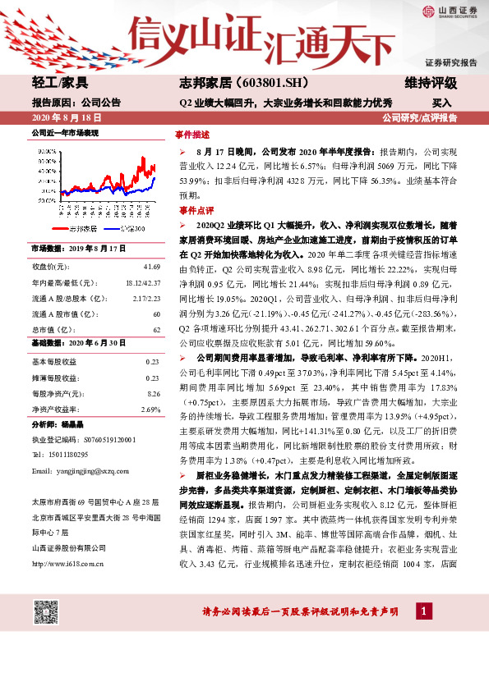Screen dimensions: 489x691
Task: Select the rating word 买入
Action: [441, 103]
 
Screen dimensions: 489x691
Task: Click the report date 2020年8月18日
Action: [63, 118]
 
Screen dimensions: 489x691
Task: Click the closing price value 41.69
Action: [151, 267]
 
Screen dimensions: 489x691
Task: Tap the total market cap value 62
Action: [156, 328]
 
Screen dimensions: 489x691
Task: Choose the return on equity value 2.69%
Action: [150, 409]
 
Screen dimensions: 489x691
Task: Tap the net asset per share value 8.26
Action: [153, 394]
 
